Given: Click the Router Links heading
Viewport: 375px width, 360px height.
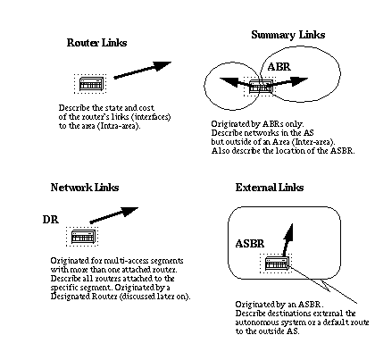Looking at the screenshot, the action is [x=96, y=43].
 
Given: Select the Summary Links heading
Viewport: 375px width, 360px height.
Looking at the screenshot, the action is [x=288, y=35].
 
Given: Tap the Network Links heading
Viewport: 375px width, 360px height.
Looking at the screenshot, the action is [x=85, y=188].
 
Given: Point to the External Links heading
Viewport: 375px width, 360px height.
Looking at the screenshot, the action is [x=270, y=188].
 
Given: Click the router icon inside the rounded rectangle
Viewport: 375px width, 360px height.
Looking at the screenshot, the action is [x=277, y=264].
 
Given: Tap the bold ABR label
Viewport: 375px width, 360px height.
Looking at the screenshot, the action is [x=279, y=67].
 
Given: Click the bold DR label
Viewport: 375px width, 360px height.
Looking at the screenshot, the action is [x=51, y=220].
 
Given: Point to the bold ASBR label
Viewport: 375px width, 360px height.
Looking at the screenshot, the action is [x=250, y=244].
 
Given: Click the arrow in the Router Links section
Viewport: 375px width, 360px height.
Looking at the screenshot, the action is [x=143, y=70].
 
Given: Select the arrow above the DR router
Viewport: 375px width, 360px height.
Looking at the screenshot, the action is [x=114, y=215].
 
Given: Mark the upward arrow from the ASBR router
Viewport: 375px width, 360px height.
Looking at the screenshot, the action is [x=288, y=240].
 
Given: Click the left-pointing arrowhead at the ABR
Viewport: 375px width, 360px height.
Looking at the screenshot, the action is [x=229, y=82].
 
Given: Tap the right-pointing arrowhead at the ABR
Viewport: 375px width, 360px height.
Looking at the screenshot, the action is [x=299, y=81].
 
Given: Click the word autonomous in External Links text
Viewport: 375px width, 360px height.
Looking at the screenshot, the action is [x=254, y=322].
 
